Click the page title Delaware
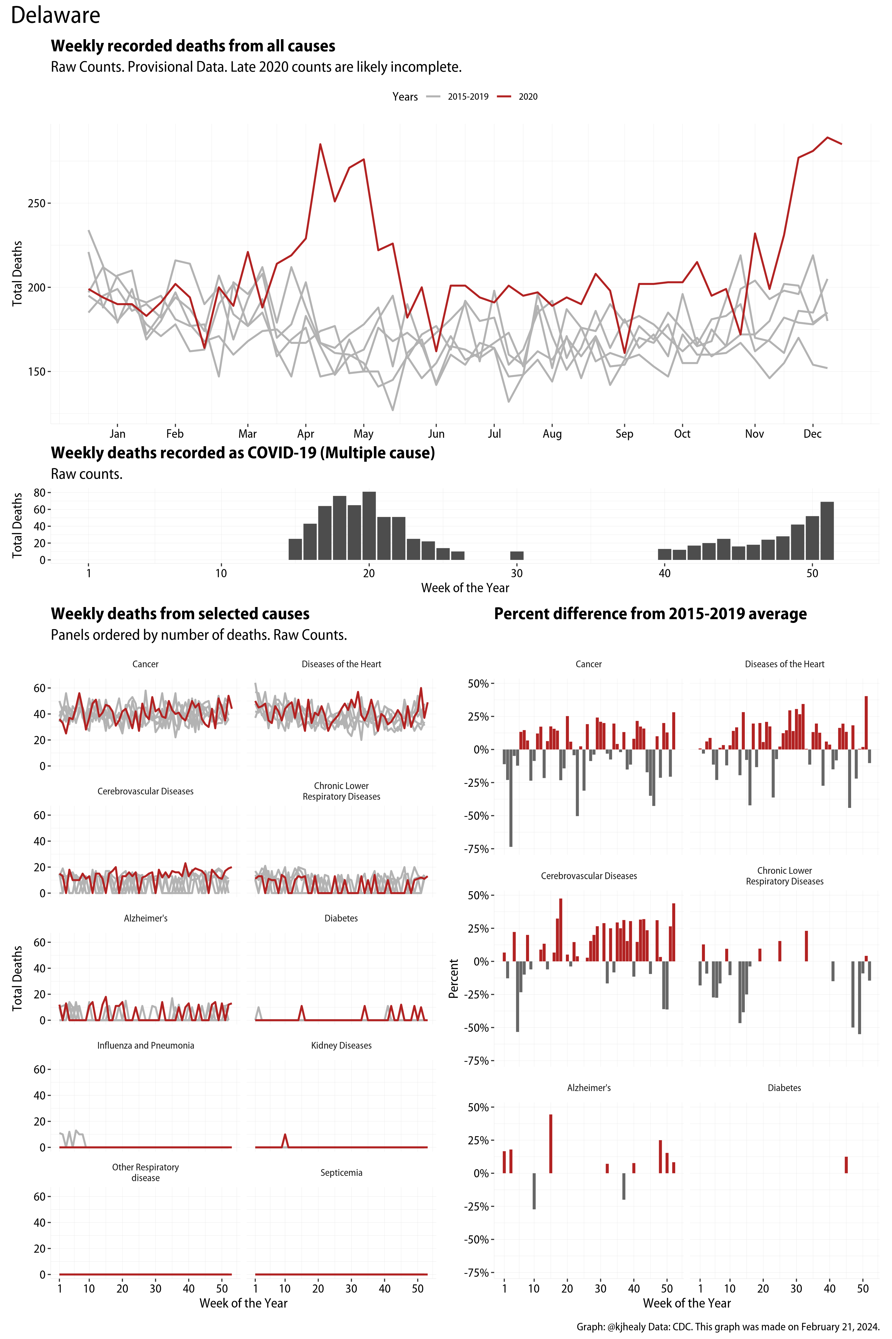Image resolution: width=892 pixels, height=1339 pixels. coord(55,15)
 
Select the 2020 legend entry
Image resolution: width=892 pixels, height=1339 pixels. coord(527,97)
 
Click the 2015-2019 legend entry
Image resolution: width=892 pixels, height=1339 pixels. coord(468,97)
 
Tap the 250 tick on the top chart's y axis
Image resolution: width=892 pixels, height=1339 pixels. coord(36,203)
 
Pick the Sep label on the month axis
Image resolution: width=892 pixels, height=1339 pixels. coord(624,434)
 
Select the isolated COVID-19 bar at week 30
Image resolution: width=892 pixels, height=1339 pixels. coord(517,556)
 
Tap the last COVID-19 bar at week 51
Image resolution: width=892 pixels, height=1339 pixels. coord(827,531)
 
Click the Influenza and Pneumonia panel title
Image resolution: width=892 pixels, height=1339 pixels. coord(146,1045)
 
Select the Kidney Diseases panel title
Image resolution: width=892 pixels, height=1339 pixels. coord(341,1045)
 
